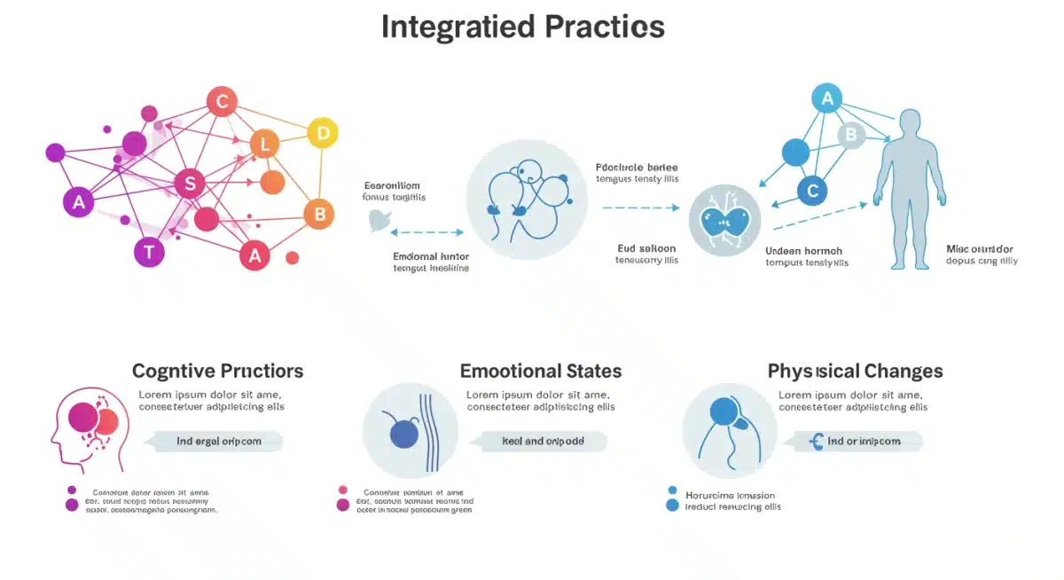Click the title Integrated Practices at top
tap(522, 27)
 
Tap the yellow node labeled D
tap(323, 134)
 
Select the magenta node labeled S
tap(190, 184)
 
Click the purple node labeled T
tap(149, 252)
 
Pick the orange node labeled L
tap(264, 143)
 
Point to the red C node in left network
tap(222, 102)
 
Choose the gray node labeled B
tap(851, 135)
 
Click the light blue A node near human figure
tap(827, 98)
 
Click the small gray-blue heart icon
tap(379, 221)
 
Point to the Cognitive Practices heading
tap(217, 371)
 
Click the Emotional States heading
tap(540, 371)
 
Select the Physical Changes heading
tap(855, 371)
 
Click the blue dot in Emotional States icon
tap(403, 434)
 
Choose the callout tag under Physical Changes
tap(857, 441)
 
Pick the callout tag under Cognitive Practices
tap(218, 441)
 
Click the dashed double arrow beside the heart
tap(426, 232)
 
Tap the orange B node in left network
tap(319, 214)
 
